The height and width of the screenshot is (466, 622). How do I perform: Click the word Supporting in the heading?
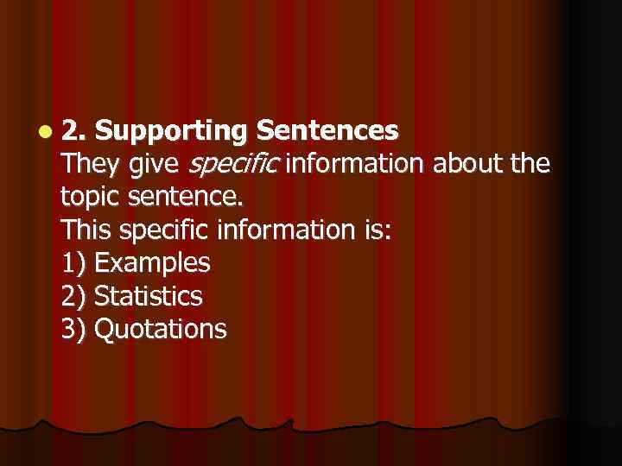[x=172, y=131]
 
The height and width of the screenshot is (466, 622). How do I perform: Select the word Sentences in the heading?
[x=327, y=131]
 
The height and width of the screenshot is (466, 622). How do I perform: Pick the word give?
[x=155, y=165]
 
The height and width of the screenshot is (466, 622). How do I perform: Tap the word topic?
[x=92, y=198]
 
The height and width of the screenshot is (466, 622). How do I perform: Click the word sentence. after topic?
[x=186, y=198]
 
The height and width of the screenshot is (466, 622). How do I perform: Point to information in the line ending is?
[x=294, y=230]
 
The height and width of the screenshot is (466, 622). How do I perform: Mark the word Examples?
[x=151, y=263]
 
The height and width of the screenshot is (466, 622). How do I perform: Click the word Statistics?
[x=148, y=296]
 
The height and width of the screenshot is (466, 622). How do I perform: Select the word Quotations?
[x=160, y=329]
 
